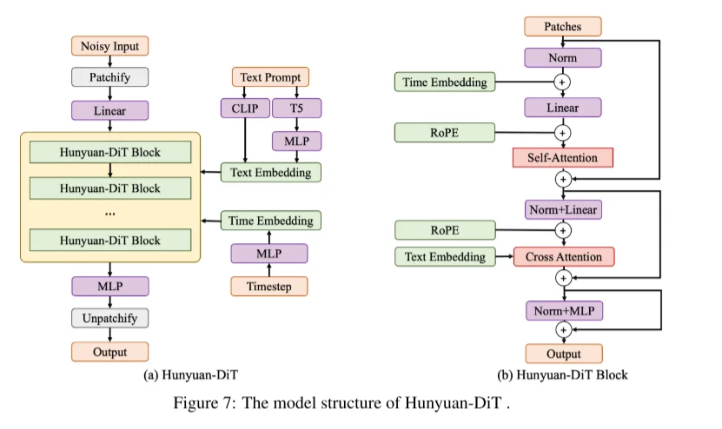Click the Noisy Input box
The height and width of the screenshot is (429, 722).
110,46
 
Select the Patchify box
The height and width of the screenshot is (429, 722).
110,77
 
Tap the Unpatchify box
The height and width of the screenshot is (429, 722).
110,318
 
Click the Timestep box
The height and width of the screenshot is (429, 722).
268,285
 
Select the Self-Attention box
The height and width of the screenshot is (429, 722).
563,157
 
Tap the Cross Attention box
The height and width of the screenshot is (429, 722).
563,257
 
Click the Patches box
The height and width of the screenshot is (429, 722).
563,27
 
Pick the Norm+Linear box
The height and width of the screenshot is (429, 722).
563,208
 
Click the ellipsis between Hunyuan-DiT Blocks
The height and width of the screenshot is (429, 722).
110,212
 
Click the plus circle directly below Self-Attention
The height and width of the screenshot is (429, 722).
563,180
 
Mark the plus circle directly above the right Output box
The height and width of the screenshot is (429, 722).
563,330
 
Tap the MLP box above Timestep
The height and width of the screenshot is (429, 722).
268,253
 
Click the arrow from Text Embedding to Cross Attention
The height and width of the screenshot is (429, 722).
502,257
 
